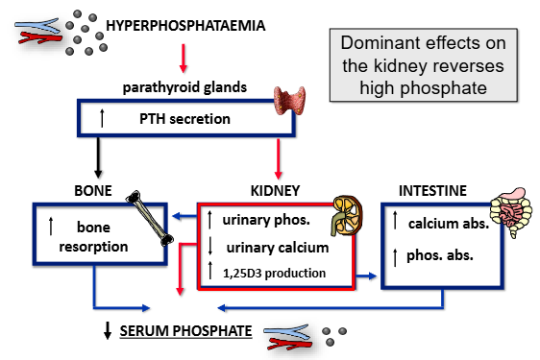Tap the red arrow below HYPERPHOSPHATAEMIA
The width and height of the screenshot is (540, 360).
coord(183,60)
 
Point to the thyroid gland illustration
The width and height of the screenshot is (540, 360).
coord(290,104)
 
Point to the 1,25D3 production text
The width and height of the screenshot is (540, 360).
coord(275,274)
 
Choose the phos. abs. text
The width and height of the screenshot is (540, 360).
coord(439,257)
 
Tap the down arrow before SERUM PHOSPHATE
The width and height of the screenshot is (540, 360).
coord(108,332)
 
